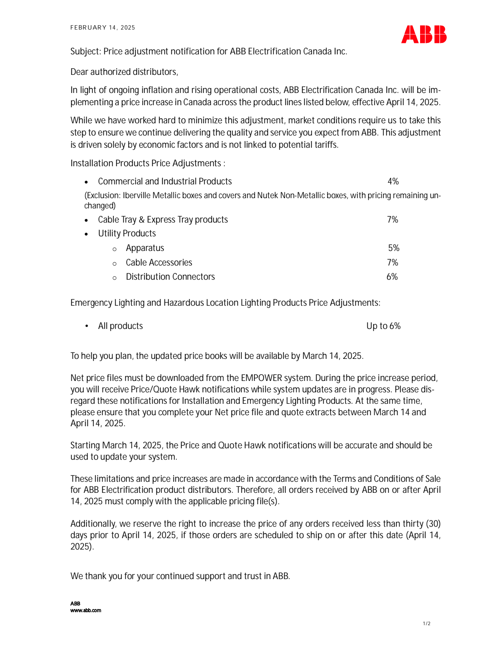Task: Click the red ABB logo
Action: tap(424, 34)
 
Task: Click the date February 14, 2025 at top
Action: tap(102, 28)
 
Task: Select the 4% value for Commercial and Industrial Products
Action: tap(393, 182)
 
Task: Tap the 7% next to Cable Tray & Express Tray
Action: tap(393, 220)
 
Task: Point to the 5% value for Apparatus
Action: tap(394, 248)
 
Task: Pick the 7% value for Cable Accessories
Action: tap(393, 263)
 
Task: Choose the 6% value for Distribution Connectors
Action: tap(392, 277)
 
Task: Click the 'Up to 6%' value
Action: tap(383, 326)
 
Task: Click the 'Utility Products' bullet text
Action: tap(127, 234)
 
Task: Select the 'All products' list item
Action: tap(120, 326)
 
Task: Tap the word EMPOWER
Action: tap(261, 378)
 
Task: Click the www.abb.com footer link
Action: tap(85, 611)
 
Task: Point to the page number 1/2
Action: tap(426, 624)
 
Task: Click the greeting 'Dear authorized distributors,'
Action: tap(124, 72)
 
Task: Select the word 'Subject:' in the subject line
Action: tap(85, 52)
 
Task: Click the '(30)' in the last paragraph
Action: tap(433, 524)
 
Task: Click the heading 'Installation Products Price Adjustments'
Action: tap(146, 163)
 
